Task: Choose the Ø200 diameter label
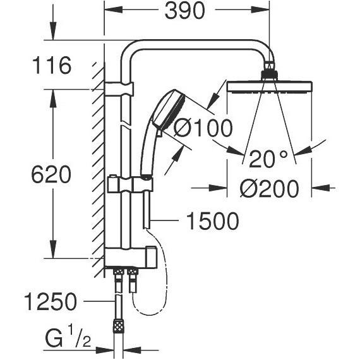(x=270, y=188)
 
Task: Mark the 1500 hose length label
(x=213, y=221)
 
